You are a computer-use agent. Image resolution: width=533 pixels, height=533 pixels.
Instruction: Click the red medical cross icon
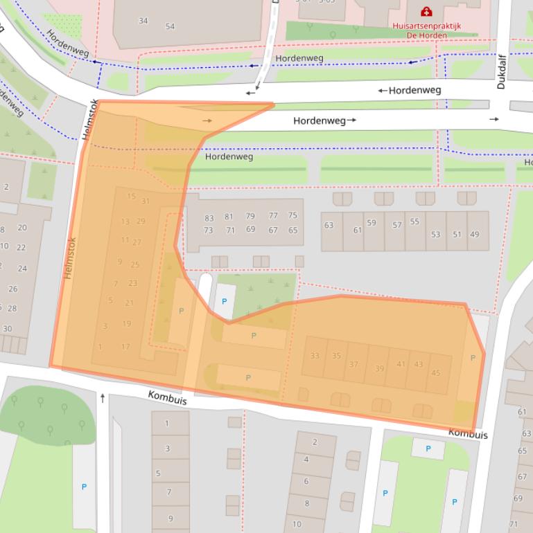click(426, 12)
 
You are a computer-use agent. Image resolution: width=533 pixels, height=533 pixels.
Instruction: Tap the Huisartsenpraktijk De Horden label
click(426, 32)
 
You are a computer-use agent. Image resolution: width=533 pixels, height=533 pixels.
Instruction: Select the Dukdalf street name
click(501, 73)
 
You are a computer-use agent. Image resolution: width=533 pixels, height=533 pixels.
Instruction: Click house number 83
click(209, 217)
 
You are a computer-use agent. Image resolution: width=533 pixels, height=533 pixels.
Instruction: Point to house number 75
click(292, 216)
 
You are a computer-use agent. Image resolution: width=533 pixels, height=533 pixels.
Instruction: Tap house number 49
click(474, 235)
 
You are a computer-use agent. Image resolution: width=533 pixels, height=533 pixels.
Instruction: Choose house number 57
click(397, 225)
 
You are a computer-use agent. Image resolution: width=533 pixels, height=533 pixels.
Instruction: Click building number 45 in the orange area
click(435, 373)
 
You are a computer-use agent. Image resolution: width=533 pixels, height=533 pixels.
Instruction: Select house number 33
click(315, 356)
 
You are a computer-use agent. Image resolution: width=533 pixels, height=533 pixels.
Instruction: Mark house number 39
click(379, 369)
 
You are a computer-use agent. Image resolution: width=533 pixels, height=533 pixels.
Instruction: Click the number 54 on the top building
click(170, 26)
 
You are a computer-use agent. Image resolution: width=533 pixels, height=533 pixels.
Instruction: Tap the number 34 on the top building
click(143, 21)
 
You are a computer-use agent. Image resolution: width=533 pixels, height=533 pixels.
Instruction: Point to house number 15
click(131, 197)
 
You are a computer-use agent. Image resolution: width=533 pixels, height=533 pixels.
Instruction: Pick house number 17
click(125, 347)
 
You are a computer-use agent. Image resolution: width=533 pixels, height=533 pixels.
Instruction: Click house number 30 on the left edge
click(8, 329)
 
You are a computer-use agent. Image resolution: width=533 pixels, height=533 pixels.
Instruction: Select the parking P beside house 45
click(473, 358)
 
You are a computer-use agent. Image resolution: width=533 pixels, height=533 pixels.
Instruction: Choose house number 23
click(132, 283)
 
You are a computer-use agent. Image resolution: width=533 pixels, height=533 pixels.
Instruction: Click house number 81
click(229, 217)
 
